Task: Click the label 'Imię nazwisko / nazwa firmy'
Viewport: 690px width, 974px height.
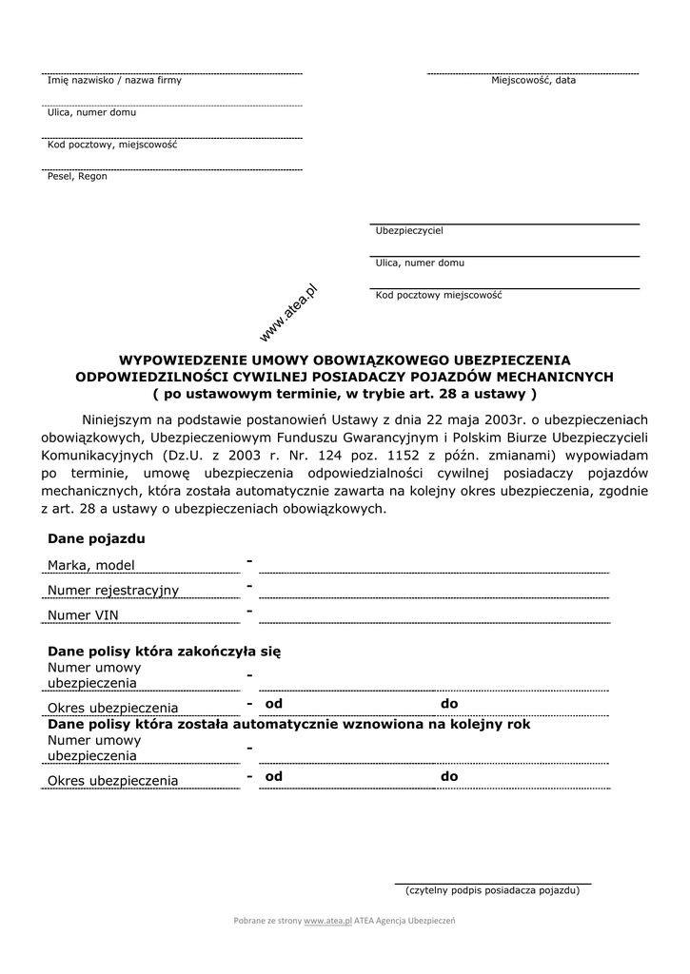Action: pos(114,81)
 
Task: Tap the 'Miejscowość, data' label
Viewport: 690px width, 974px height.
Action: pos(533,81)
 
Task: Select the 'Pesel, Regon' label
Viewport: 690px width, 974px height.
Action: pos(77,177)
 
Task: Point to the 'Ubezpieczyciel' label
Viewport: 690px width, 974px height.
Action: pos(409,231)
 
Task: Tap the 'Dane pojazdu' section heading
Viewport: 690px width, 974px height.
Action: pos(96,539)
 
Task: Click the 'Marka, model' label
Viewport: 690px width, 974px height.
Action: pos(91,567)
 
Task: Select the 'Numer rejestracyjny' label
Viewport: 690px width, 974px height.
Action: pos(113,591)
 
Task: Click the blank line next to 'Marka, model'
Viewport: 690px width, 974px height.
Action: pos(433,571)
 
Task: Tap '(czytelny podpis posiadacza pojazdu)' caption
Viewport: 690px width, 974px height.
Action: pos(492,891)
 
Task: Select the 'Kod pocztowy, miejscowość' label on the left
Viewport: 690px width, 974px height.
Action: pos(112,145)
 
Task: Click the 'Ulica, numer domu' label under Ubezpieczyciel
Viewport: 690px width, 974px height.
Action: pos(420,263)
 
